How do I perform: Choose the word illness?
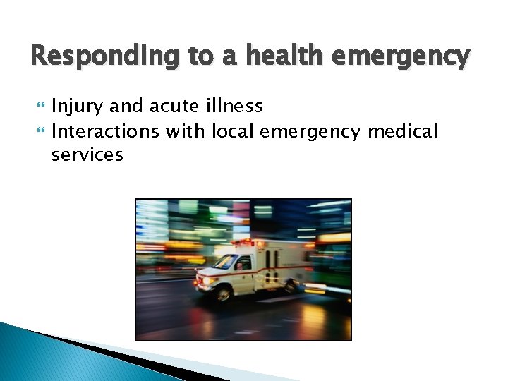235,107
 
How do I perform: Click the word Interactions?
106,131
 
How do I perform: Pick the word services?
87,155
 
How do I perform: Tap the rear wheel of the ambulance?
291,286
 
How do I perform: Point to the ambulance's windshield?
226,262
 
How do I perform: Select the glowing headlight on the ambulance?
205,281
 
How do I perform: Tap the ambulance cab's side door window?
243,263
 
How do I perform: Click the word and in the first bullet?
128,107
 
